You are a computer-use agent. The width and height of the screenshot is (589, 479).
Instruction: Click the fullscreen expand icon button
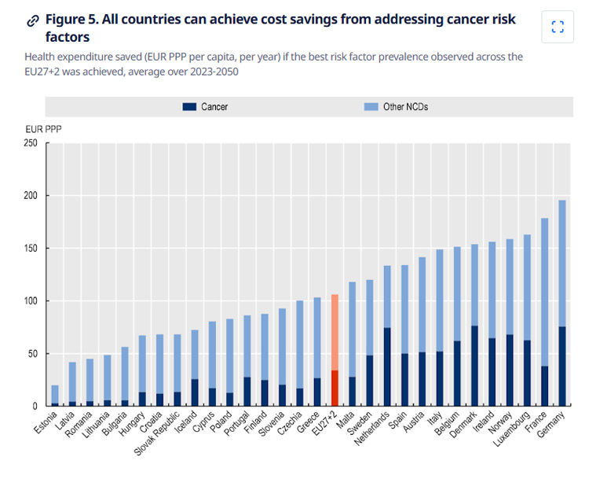(x=558, y=27)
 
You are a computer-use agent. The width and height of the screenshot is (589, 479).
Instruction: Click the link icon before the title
(x=33, y=20)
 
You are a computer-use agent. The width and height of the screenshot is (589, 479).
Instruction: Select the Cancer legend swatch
(x=189, y=106)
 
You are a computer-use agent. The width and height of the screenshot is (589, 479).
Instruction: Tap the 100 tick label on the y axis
(x=30, y=301)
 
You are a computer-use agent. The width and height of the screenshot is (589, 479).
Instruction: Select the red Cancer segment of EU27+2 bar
(x=335, y=388)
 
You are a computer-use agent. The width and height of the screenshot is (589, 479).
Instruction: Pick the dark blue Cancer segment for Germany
(x=562, y=366)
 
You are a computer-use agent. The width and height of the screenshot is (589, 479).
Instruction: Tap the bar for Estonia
(x=55, y=395)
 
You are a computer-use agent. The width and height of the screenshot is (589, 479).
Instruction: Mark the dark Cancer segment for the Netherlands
(x=387, y=367)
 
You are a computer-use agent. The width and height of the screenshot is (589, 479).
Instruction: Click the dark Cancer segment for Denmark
(x=475, y=366)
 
